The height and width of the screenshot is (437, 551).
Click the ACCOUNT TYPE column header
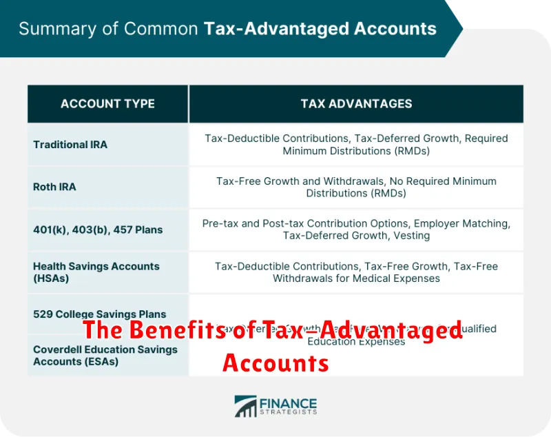(107, 104)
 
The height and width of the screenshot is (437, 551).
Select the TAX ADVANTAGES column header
(356, 104)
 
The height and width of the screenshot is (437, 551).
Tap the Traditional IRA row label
(70, 145)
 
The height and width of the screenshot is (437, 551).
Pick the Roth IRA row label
(54, 187)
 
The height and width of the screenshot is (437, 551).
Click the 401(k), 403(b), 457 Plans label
(98, 230)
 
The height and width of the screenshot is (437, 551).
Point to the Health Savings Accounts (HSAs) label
(96, 272)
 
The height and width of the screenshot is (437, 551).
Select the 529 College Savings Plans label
(99, 314)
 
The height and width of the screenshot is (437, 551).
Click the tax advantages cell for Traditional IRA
(356, 145)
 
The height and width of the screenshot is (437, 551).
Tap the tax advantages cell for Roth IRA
(356, 187)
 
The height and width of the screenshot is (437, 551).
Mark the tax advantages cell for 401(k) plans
(356, 230)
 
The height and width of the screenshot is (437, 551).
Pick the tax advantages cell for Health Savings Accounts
(356, 272)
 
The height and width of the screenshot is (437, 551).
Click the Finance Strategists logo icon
(245, 406)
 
